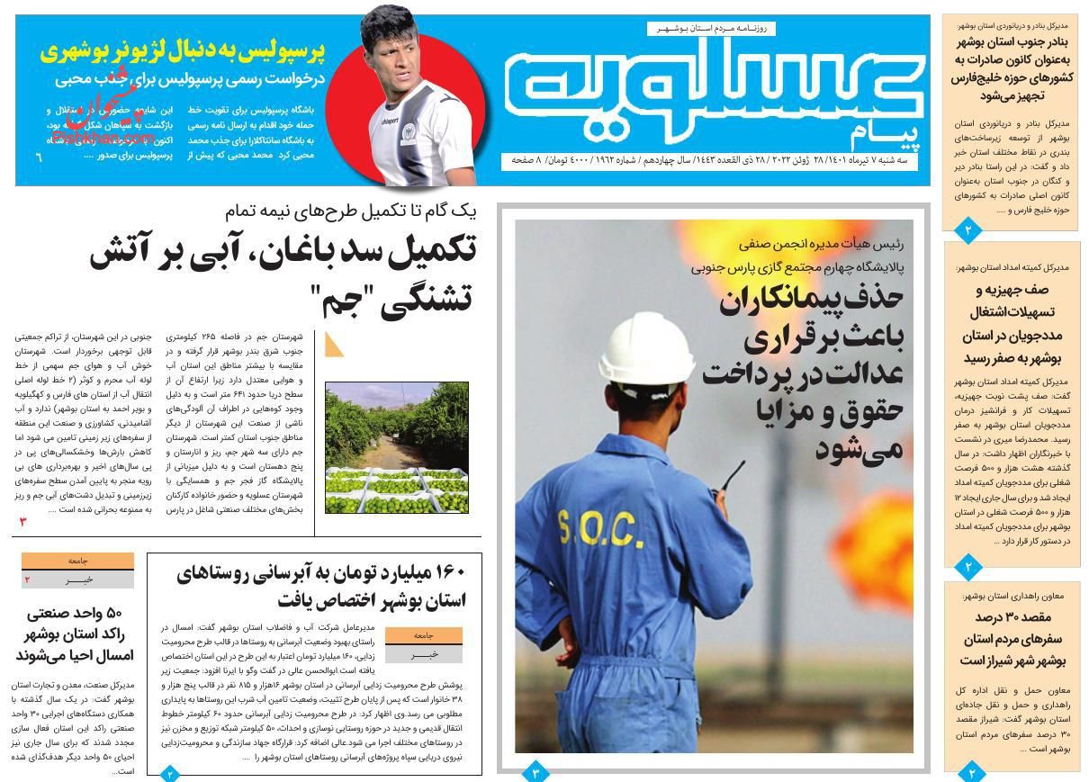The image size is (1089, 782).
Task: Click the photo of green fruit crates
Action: coord(396,447)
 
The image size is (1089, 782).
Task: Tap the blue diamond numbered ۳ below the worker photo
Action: coord(535,772)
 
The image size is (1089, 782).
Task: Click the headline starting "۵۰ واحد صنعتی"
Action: coord(74,634)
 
